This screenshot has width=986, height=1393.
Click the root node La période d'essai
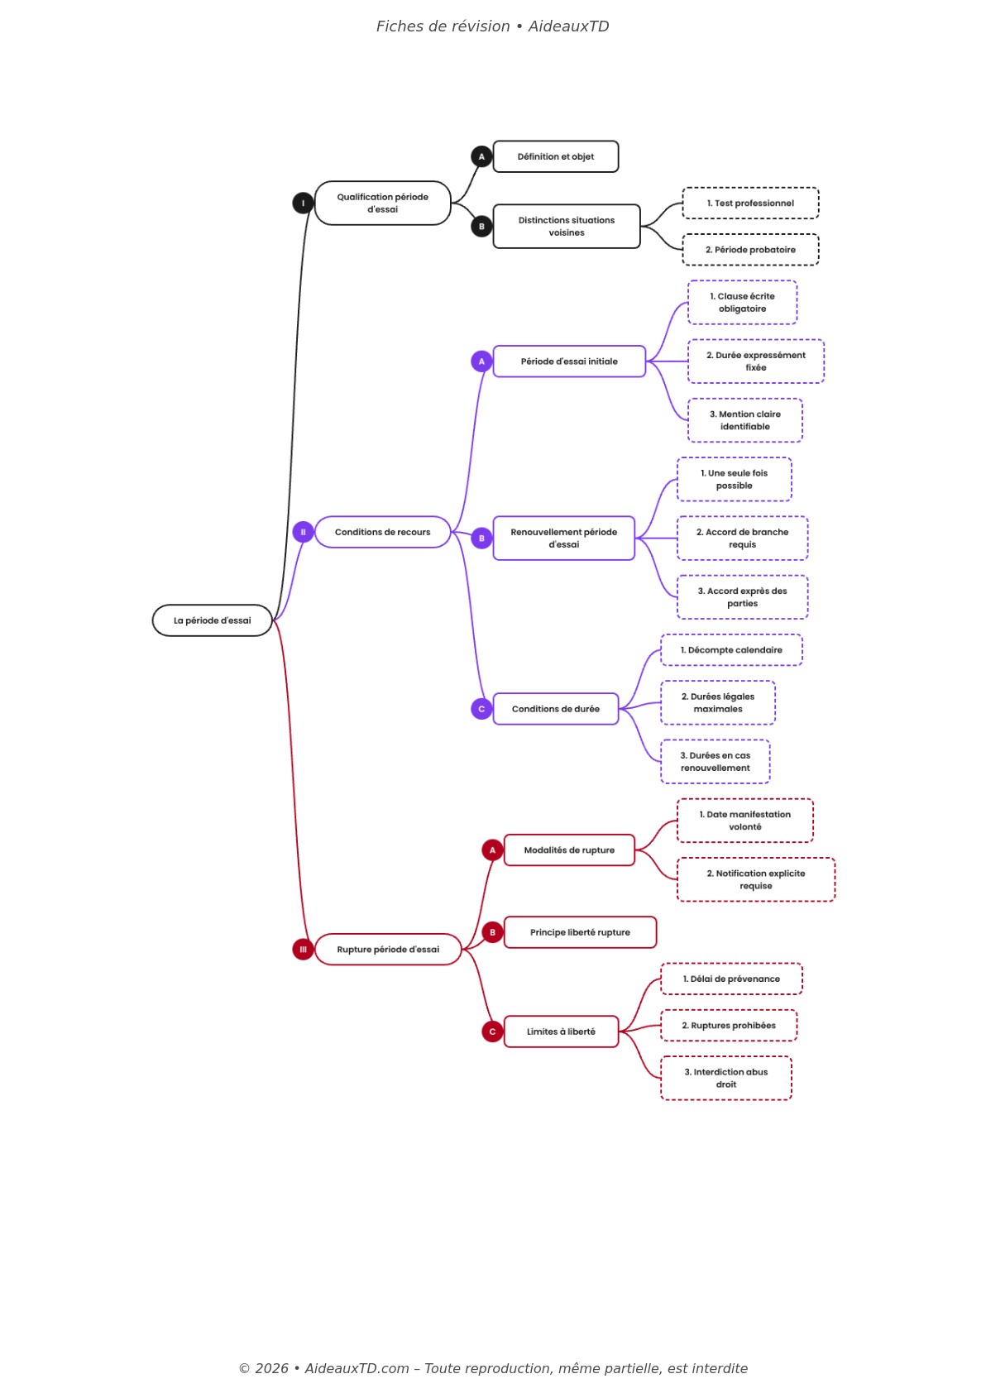212,620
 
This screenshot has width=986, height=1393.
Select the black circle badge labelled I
303,203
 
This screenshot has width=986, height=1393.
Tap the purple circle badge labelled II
303,532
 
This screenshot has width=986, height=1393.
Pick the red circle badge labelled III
303,949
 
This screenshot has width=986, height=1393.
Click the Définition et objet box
555,156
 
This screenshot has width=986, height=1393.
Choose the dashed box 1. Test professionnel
750,203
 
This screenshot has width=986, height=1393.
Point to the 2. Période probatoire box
750,250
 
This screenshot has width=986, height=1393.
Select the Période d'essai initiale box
569,361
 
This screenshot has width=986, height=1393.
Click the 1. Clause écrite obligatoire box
742,302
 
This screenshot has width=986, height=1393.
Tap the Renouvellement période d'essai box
563,538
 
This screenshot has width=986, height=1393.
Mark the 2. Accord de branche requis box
742,538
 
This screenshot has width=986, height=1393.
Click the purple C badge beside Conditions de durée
481,709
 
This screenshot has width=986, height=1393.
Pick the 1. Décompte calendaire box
731,650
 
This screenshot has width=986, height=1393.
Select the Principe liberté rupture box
580,932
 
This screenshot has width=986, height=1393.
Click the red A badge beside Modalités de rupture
492,850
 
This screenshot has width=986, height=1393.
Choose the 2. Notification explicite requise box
755,879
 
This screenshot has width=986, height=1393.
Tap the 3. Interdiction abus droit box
725,1078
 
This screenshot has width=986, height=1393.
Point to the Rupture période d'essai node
388,949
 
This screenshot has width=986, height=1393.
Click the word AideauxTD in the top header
568,26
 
